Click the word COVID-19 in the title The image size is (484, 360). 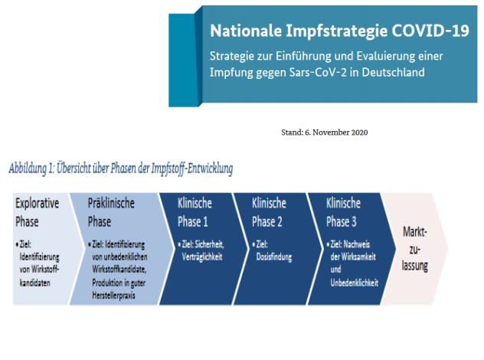pos(430,31)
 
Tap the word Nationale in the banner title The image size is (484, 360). pos(246,31)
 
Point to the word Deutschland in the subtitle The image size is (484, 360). pos(394,72)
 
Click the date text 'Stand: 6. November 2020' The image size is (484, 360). pos(325,133)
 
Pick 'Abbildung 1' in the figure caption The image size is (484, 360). pos(32,169)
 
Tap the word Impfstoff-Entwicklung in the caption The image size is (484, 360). pos(192,169)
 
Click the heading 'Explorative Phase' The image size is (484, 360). pos(37,212)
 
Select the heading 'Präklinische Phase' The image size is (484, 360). pos(111,212)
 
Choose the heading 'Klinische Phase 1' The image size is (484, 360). pos(195,212)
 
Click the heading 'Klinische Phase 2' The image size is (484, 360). pos(269,212)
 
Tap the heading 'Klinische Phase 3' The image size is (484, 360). pos(344,212)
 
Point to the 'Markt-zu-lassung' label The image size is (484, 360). pos(415,249)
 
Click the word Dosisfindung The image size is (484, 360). pos(274,257)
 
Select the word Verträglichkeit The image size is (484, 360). pos(202,257)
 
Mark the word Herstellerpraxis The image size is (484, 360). pos(113,296)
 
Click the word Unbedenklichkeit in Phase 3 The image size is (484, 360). pos(355,283)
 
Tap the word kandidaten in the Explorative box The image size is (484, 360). pos(35,283)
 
